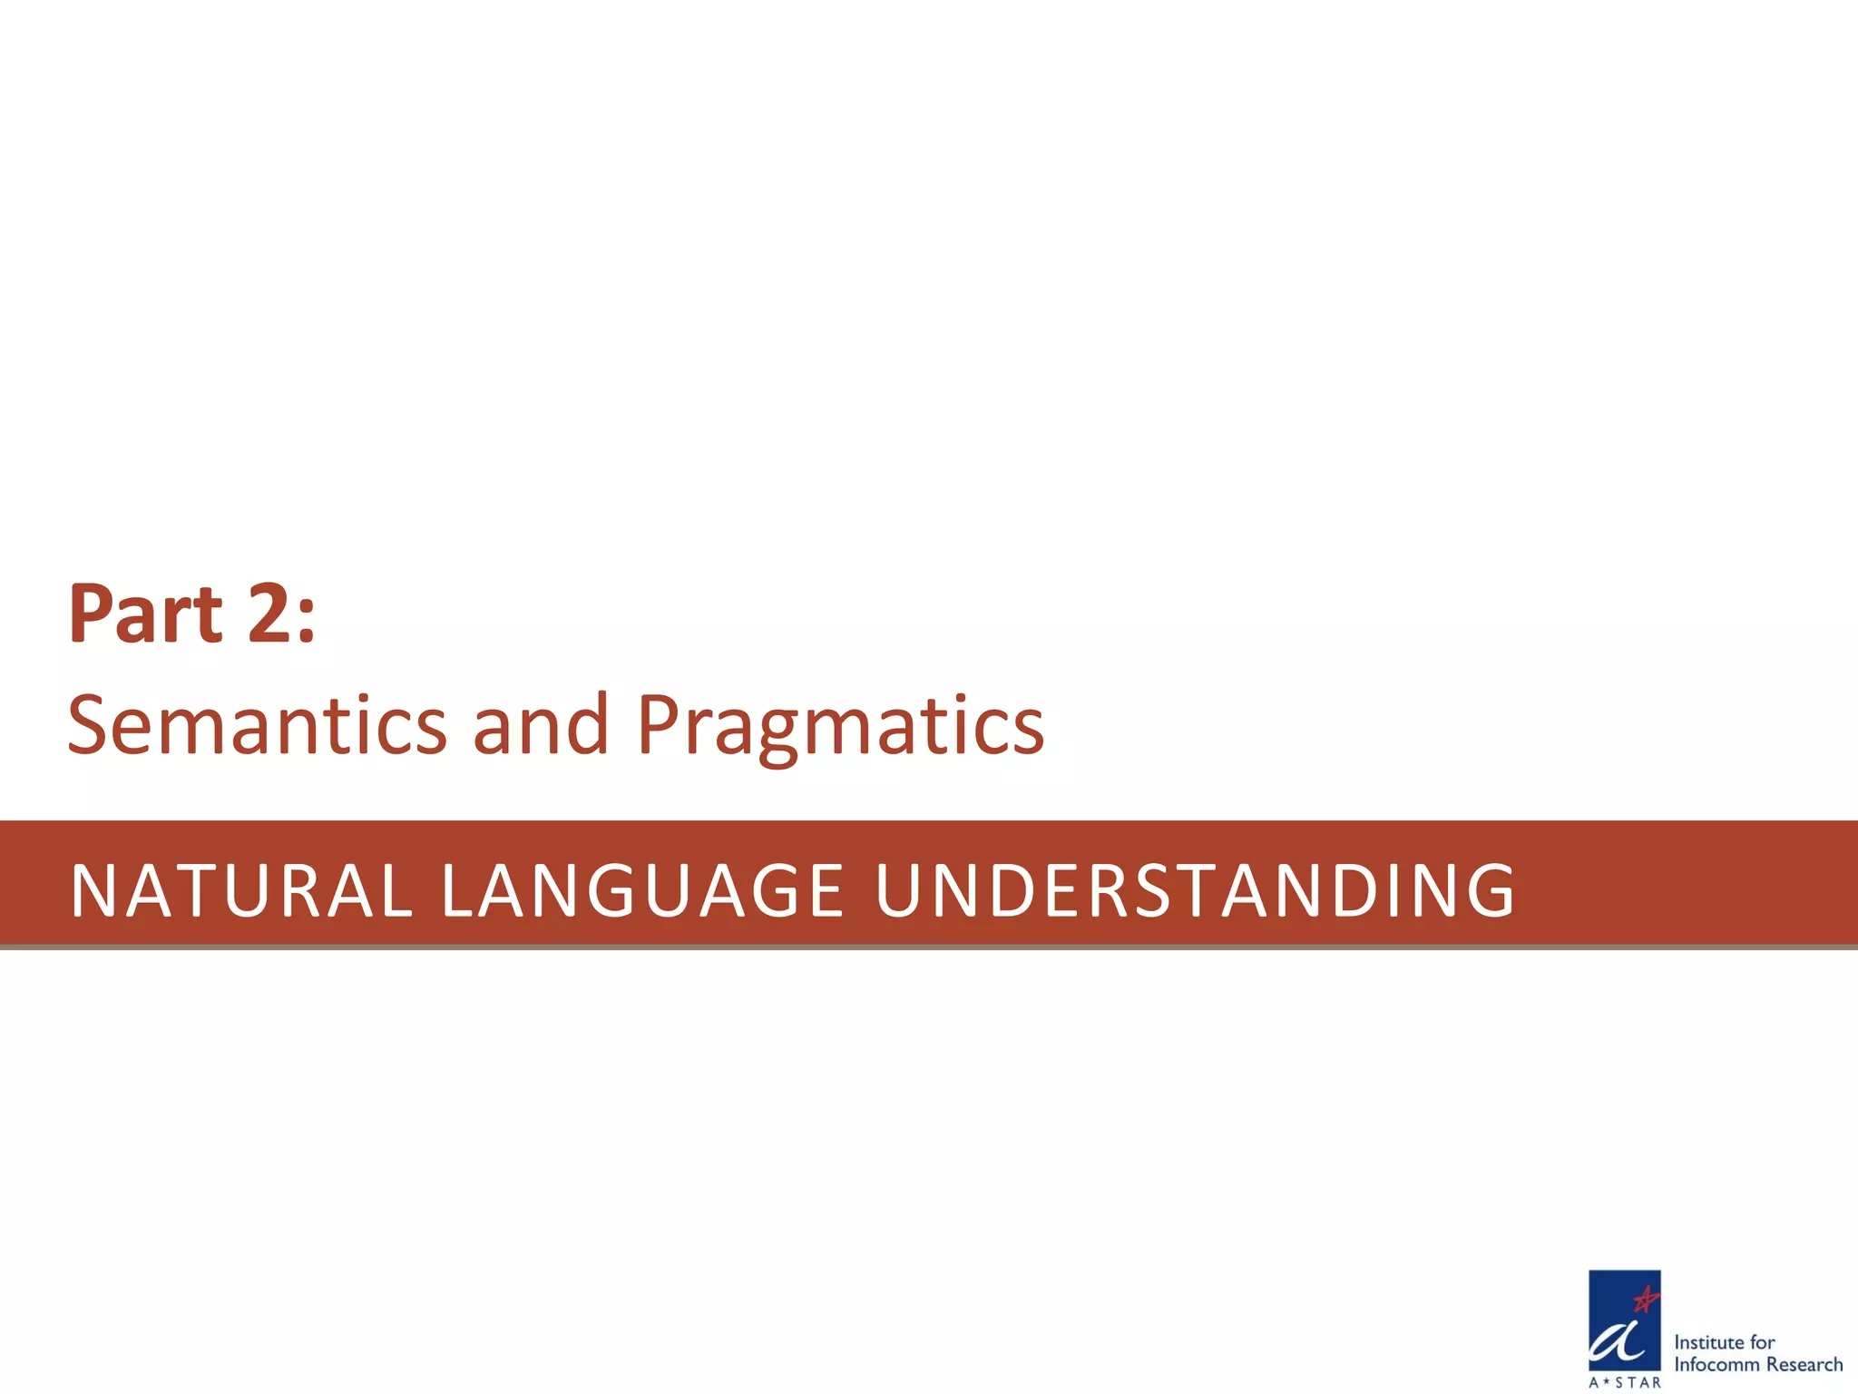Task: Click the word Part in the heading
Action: [x=145, y=615]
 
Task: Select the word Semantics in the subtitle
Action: [x=257, y=726]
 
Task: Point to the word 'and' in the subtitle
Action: [x=541, y=726]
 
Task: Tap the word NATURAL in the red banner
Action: [x=241, y=891]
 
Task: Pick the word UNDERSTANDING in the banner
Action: [x=1195, y=891]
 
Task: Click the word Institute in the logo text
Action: [x=1710, y=1342]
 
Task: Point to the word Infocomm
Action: [x=1717, y=1365]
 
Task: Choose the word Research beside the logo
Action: [x=1804, y=1365]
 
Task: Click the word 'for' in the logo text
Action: [x=1763, y=1342]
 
